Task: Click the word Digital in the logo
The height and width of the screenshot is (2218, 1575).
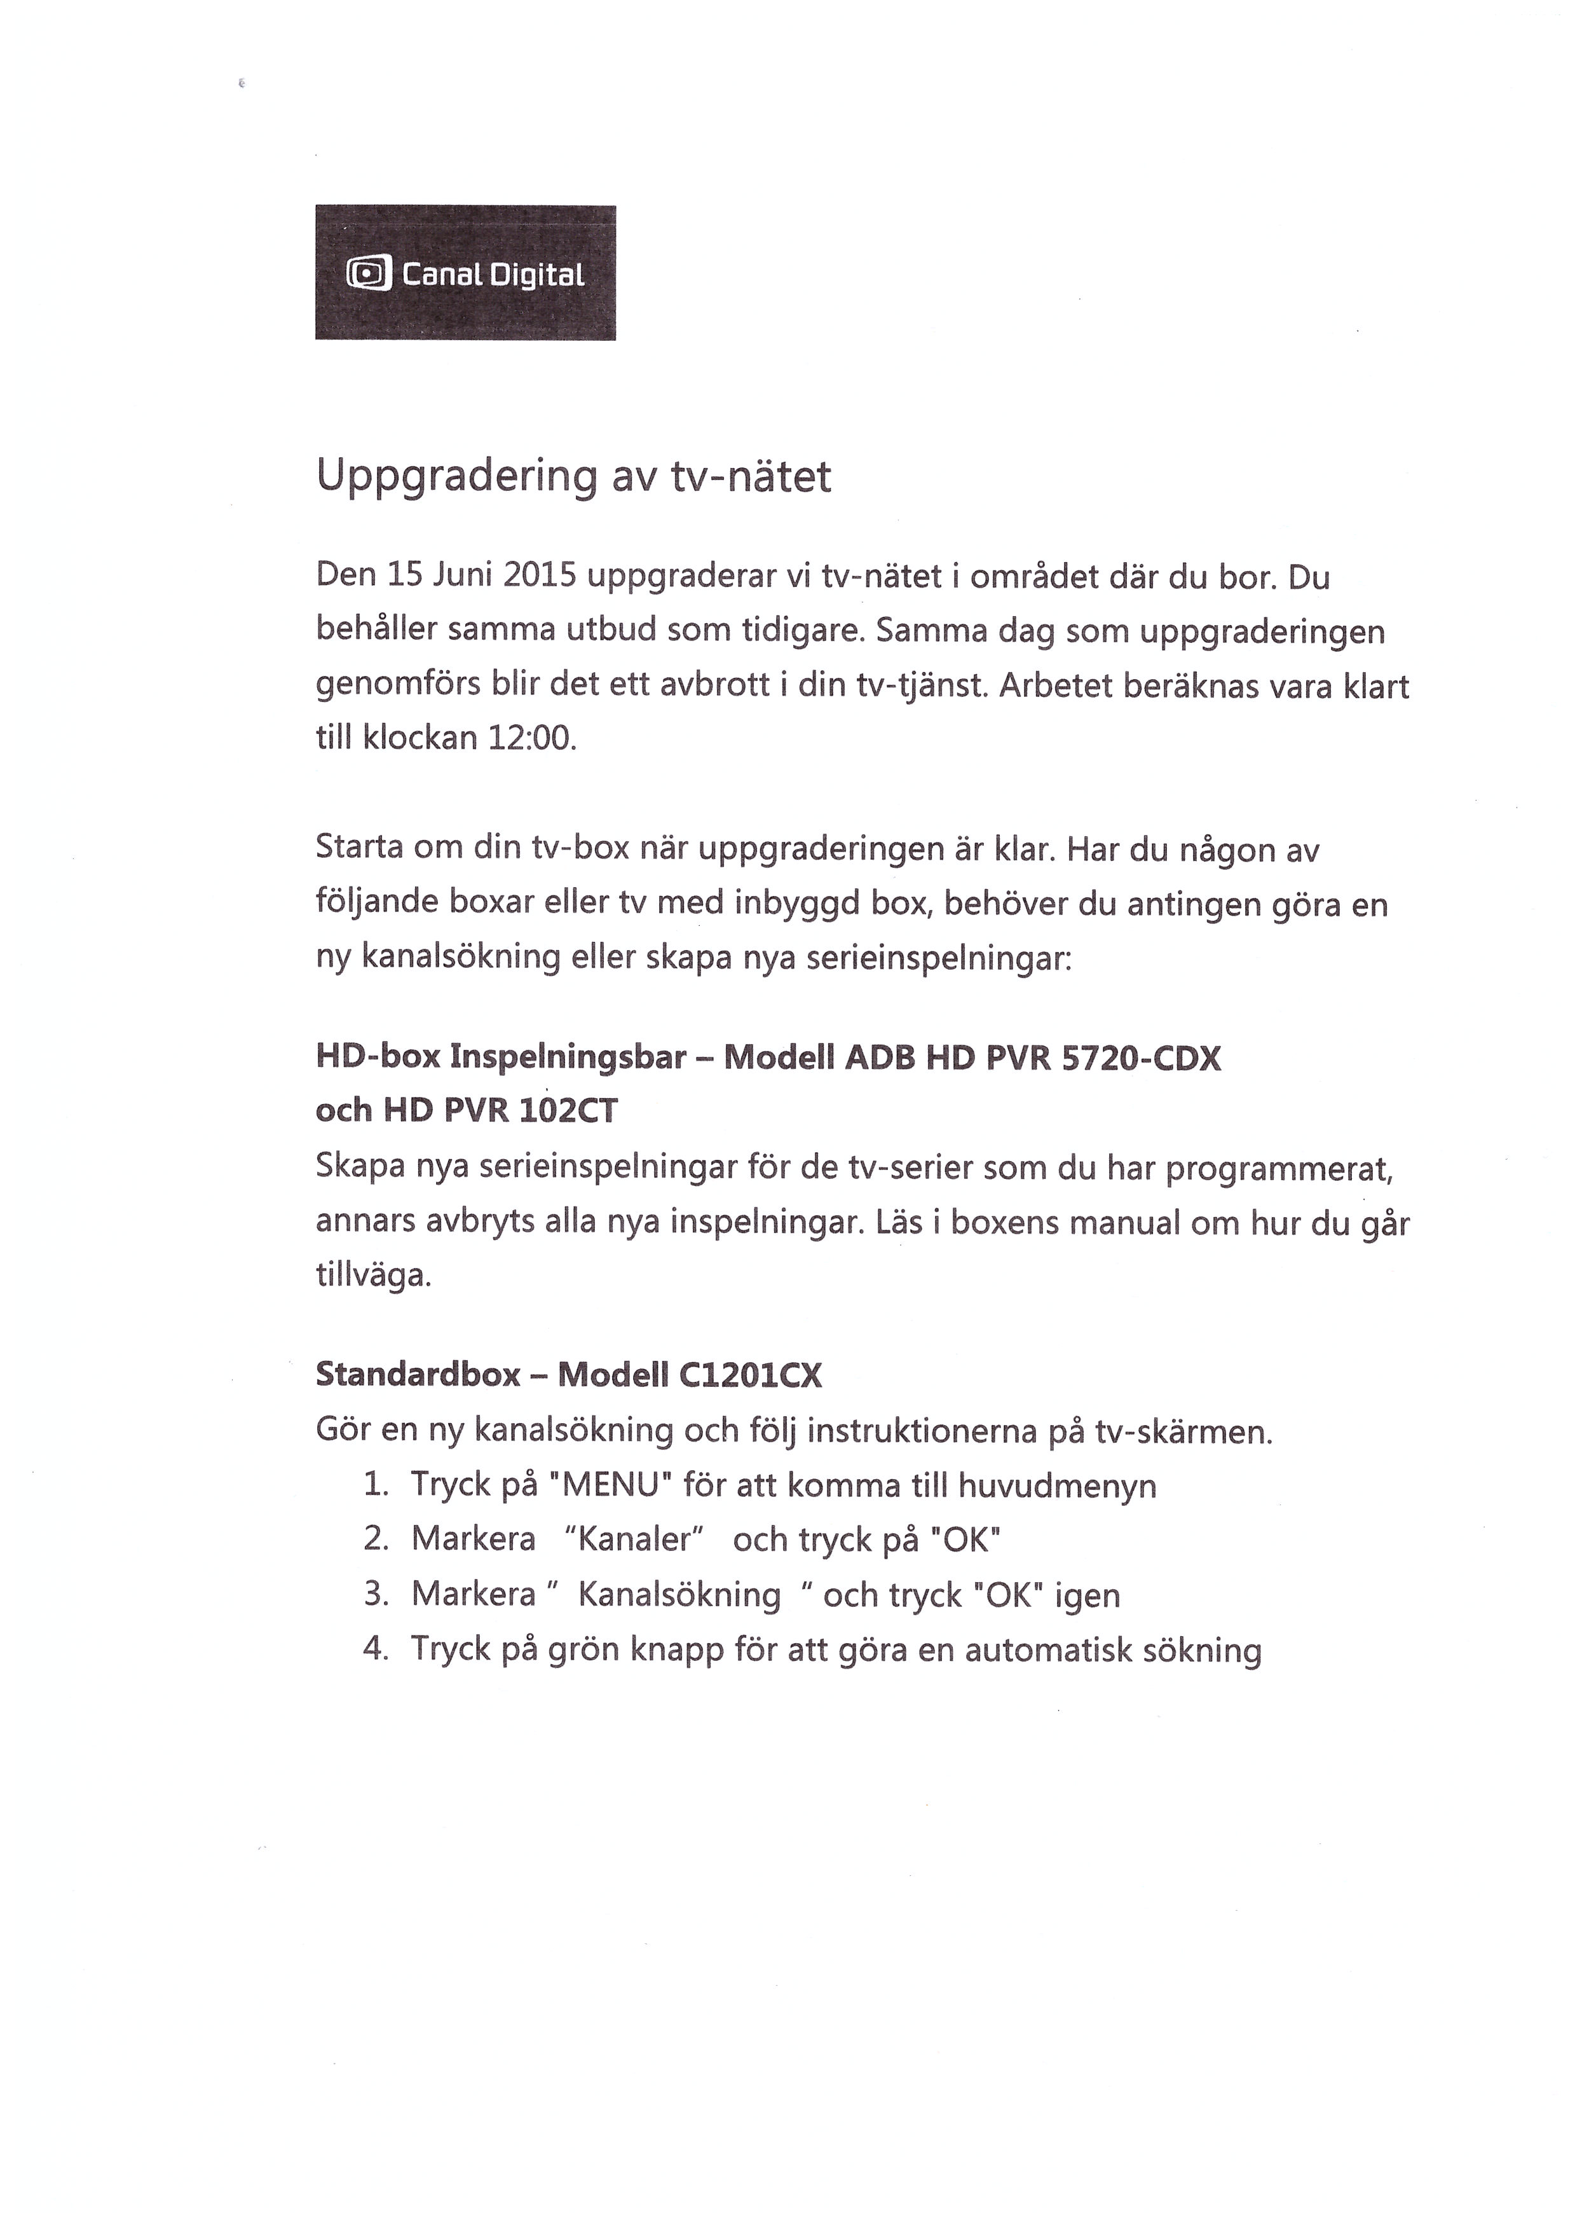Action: pyautogui.click(x=536, y=275)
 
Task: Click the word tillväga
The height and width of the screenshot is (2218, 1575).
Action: pyautogui.click(x=373, y=1275)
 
